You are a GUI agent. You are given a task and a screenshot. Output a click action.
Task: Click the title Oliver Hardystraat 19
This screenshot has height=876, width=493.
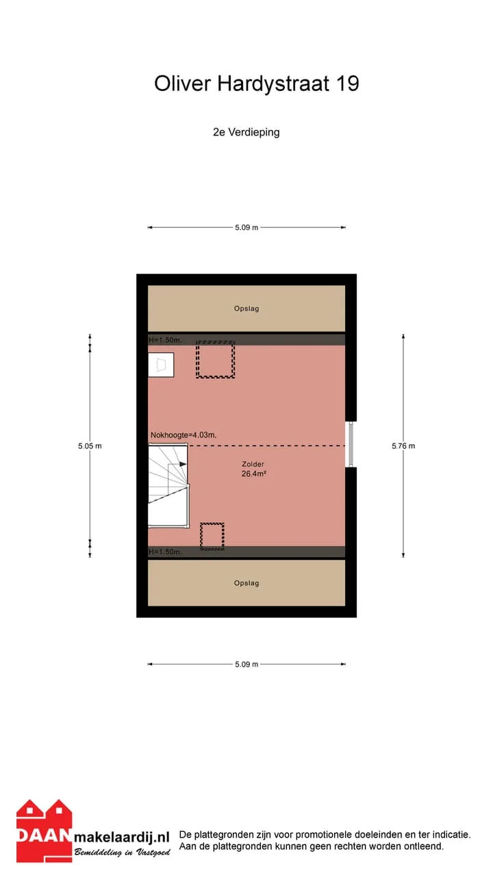257,84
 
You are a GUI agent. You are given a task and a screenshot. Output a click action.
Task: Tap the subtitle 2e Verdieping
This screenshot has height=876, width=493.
246,132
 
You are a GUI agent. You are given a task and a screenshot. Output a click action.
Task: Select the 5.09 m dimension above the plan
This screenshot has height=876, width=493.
246,228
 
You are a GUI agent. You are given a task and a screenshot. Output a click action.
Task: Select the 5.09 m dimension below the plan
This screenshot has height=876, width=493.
246,665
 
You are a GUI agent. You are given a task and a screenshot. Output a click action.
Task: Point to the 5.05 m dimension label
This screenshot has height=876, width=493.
90,446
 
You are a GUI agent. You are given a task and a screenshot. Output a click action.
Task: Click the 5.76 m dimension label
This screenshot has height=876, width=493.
403,446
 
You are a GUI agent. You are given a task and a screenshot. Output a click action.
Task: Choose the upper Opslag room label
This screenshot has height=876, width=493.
246,309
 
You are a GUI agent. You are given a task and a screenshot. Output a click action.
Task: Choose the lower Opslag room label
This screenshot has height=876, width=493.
246,583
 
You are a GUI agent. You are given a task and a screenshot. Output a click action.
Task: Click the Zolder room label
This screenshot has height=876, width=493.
253,464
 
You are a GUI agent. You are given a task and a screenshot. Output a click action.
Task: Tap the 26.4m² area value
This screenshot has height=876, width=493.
254,474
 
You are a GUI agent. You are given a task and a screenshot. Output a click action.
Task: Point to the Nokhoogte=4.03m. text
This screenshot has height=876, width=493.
184,435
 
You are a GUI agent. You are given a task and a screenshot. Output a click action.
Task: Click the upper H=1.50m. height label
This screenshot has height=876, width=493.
165,340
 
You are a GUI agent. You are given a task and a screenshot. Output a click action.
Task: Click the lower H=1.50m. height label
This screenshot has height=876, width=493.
165,552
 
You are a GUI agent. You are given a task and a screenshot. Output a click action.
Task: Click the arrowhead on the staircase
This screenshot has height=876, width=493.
183,464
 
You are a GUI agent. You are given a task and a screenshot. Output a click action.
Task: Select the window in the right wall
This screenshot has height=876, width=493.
351,444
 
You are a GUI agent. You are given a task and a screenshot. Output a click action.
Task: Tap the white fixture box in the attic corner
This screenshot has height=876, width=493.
161,365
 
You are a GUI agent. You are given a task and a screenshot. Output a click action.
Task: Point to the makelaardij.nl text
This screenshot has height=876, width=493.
122,837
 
